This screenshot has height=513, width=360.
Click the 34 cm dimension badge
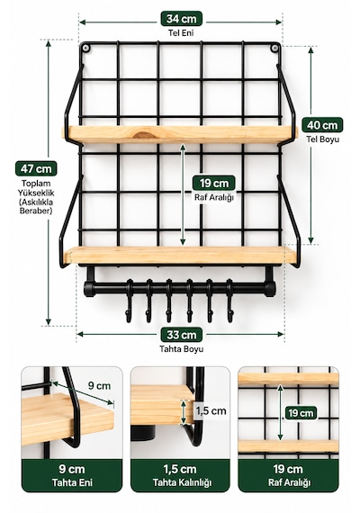pos(181,19)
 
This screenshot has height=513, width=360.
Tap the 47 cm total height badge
pos(36,169)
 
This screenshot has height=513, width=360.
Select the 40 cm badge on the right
pos(322,125)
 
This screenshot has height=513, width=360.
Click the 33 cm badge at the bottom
pos(181,335)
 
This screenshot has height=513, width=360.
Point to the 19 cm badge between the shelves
pos(213,183)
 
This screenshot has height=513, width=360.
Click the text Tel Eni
pos(181,32)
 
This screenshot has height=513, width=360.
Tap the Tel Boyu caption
pos(323,139)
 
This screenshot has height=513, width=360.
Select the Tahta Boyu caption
pos(181,349)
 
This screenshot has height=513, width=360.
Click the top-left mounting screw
pos(85,49)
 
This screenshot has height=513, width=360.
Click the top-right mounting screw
pos(274,49)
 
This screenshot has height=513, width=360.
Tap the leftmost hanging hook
pos(130,301)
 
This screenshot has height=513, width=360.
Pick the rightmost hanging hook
pos(230,301)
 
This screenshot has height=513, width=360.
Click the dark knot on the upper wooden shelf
pos(144,134)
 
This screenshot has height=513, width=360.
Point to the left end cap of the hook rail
pos(88,289)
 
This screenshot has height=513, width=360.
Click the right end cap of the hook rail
pos(270,289)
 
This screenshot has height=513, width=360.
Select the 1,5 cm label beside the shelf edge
pos(211,411)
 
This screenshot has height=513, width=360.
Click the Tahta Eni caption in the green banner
pos(72,482)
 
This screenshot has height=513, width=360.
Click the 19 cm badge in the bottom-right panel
pos(301,413)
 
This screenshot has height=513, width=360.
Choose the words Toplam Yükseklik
pos(36,188)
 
